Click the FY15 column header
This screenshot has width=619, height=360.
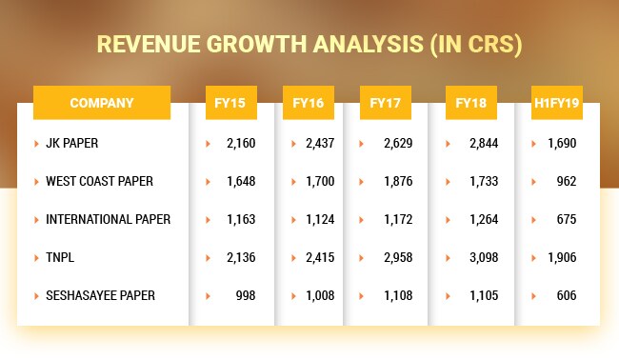(x=231, y=103)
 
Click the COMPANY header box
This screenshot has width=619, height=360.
(x=102, y=103)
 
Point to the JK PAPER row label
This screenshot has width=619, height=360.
(x=72, y=144)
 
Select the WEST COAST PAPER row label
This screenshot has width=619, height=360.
(x=99, y=181)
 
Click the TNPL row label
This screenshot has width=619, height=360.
(x=61, y=257)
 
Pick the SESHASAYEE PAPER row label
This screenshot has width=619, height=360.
(x=100, y=295)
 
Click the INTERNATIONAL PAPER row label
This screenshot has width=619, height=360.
(x=108, y=219)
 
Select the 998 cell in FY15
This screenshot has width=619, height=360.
(x=246, y=295)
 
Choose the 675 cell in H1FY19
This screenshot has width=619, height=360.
(x=567, y=219)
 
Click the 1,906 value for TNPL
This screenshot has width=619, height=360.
(x=562, y=257)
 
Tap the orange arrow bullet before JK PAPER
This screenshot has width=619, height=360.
(x=35, y=144)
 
